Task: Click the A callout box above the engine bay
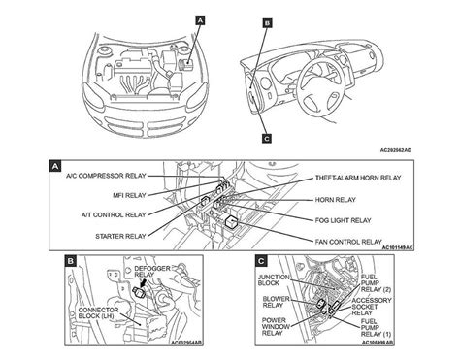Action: click(200, 19)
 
